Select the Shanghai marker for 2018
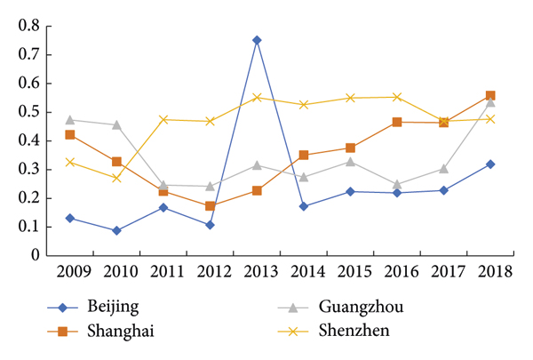tap(489, 95)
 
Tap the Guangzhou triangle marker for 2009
tap(70, 119)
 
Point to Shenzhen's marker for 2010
tap(116, 178)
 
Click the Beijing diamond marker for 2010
tap(116, 230)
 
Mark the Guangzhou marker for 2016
tap(396, 184)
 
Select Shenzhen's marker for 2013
tap(257, 97)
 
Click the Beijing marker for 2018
tap(489, 164)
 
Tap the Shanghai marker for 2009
tap(70, 135)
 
